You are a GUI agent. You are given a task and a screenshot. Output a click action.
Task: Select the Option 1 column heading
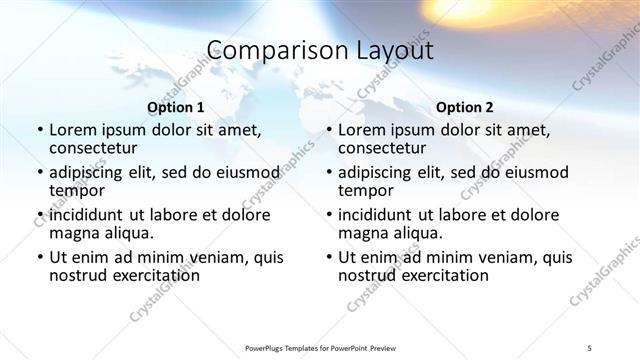tap(176, 107)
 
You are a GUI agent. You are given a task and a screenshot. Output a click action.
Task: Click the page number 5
tap(590, 347)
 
